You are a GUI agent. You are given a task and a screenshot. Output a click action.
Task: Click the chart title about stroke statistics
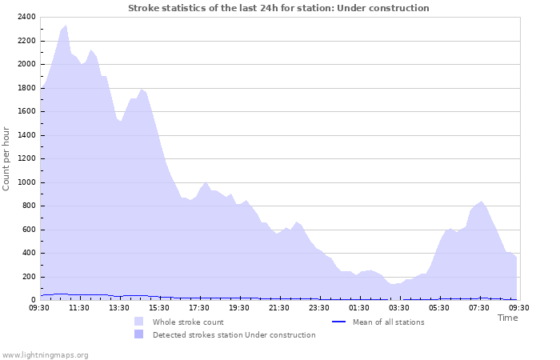tap(278, 8)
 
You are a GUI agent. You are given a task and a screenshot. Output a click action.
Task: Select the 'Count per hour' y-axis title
tap(7, 158)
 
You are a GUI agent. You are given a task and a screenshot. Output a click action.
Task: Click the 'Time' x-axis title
tap(507, 318)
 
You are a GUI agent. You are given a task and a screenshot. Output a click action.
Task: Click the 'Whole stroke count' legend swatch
tap(138, 322)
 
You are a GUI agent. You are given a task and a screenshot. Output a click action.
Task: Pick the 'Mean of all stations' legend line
tap(338, 322)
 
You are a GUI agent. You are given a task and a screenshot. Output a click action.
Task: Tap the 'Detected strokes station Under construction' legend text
tap(234, 335)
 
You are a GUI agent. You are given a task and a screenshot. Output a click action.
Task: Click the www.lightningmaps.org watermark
tap(45, 354)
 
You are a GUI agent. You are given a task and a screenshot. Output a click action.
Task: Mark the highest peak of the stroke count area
tap(66, 26)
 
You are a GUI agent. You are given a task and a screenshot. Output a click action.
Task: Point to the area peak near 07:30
tap(481, 202)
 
